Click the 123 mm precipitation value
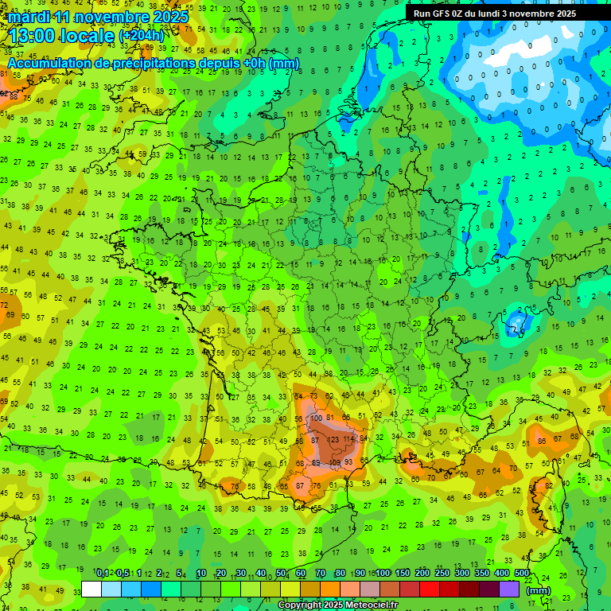coord(334,439)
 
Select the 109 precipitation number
coord(336,462)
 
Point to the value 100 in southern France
coord(317,418)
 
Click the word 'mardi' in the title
coord(26,16)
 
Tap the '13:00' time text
coord(34,35)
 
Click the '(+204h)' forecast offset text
coord(141,37)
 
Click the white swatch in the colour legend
coord(91,589)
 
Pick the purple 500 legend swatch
coord(509,589)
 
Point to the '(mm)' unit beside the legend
coord(538,590)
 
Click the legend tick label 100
coord(382,574)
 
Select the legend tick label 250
coord(442,574)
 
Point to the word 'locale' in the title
coord(89,35)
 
